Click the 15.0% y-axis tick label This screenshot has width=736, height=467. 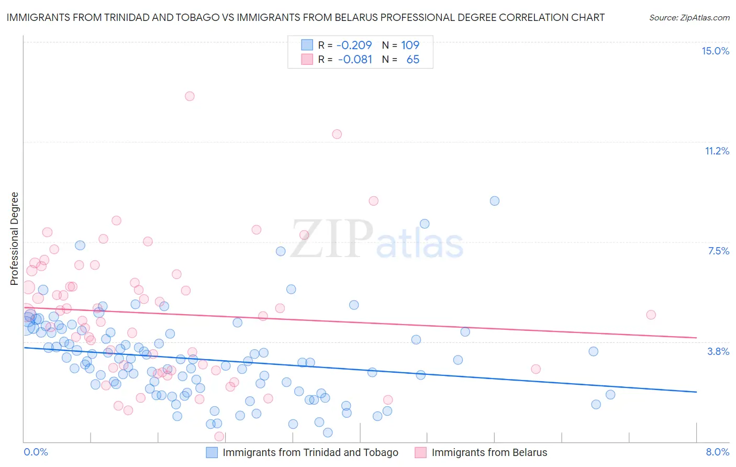[715, 51]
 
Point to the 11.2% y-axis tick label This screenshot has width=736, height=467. [717, 151]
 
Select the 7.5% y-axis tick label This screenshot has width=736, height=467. [718, 251]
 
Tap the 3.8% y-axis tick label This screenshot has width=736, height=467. [718, 351]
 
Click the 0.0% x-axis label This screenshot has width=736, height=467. [36, 452]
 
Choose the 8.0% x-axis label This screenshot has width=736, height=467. [717, 452]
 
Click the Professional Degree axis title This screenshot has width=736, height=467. [14, 239]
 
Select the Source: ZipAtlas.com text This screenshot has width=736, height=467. [689, 17]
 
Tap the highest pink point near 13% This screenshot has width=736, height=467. [189, 96]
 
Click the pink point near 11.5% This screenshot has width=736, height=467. [337, 134]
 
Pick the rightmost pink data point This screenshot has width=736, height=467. [651, 315]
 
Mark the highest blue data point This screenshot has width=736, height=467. [494, 201]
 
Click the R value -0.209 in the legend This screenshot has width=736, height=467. [354, 45]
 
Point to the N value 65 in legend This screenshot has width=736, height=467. [412, 60]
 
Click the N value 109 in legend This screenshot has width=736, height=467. [410, 45]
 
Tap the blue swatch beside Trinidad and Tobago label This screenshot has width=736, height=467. [211, 452]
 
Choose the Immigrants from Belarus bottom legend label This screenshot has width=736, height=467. [489, 452]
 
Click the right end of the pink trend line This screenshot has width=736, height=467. [696, 338]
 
